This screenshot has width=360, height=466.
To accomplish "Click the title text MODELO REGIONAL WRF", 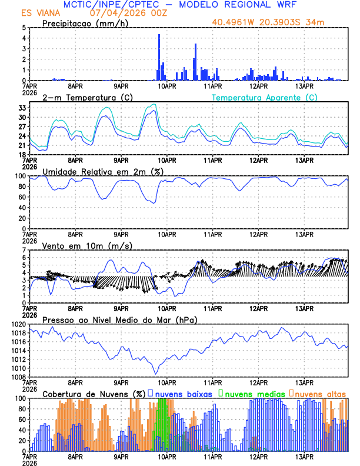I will (x=247, y=4).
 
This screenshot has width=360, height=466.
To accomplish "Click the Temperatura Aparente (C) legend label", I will (x=265, y=97).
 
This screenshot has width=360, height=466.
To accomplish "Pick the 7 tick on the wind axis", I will (x=24, y=251).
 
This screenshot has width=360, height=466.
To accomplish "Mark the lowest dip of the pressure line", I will (x=156, y=373).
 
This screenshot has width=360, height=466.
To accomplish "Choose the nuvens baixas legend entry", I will (x=181, y=393).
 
